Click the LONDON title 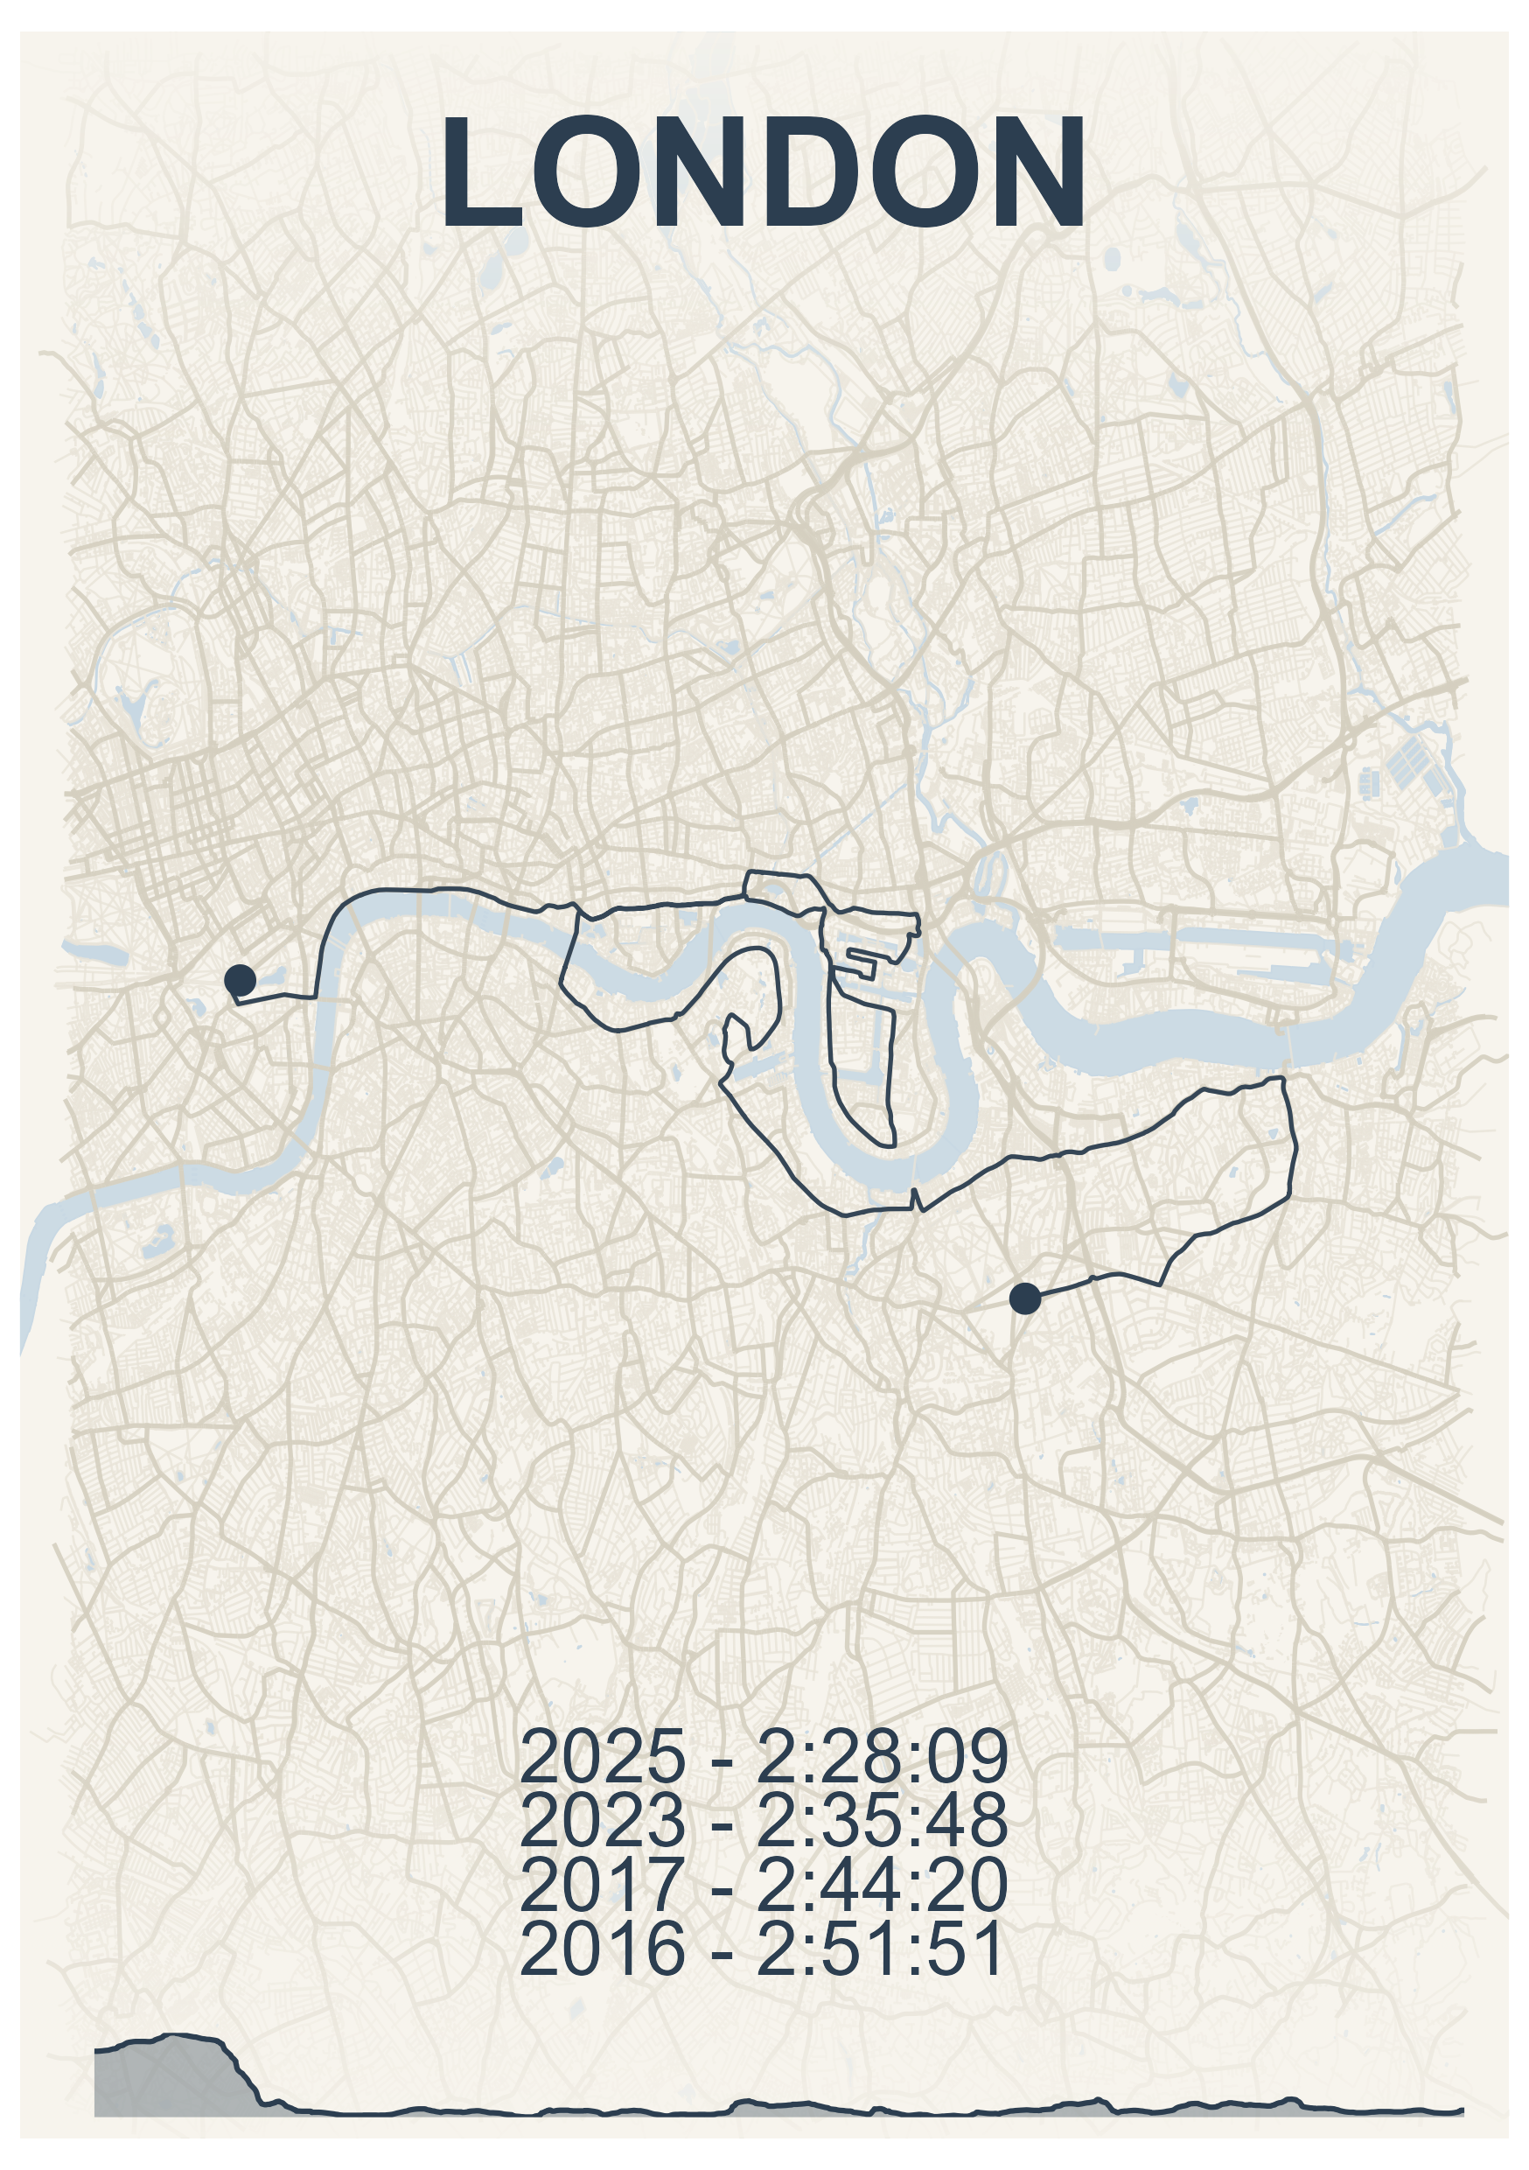pyautogui.click(x=764, y=172)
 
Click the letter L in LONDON pyautogui.click(x=484, y=172)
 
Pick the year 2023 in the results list pyautogui.click(x=602, y=1819)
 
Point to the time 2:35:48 pyautogui.click(x=882, y=1819)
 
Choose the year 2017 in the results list pyautogui.click(x=602, y=1884)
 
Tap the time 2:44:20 pyautogui.click(x=882, y=1884)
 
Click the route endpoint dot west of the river pyautogui.click(x=240, y=979)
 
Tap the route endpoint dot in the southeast pyautogui.click(x=1025, y=1298)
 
